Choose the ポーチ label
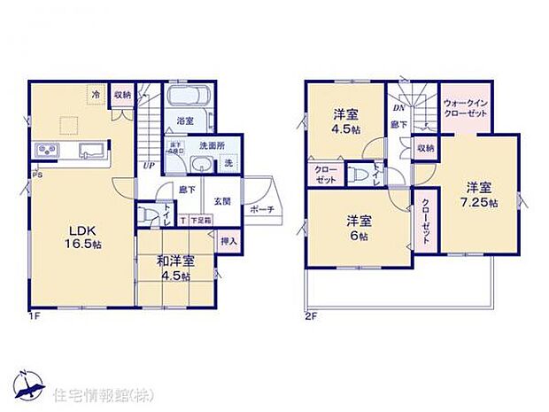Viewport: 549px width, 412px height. (261, 209)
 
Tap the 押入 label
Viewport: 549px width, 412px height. (228, 239)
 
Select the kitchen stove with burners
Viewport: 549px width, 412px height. (46, 149)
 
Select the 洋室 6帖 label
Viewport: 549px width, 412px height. (359, 229)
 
